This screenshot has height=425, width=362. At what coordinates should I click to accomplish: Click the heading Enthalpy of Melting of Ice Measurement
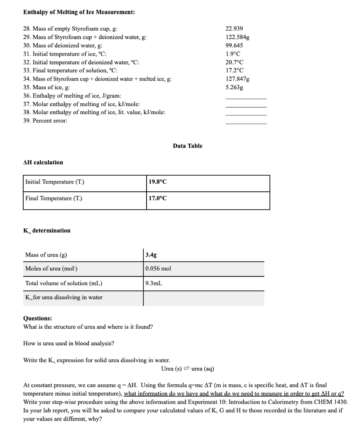(x=78, y=12)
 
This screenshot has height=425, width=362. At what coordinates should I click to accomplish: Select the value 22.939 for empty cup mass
(x=234, y=29)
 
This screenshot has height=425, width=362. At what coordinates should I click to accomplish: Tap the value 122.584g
(x=237, y=37)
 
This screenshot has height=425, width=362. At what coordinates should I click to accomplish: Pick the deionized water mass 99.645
(x=234, y=45)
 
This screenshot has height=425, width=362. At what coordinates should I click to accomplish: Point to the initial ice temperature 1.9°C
(x=233, y=54)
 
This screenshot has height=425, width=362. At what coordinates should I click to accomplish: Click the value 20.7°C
(x=234, y=62)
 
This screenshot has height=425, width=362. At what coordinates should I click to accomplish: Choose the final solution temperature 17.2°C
(x=234, y=71)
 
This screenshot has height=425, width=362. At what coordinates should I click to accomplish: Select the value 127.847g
(x=237, y=79)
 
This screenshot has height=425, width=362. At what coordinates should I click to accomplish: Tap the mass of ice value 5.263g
(x=234, y=88)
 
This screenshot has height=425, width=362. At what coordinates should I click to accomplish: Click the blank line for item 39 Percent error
(x=246, y=123)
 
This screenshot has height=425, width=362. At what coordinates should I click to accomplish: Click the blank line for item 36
(x=246, y=98)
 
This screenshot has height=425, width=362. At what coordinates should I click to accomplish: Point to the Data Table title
(x=188, y=146)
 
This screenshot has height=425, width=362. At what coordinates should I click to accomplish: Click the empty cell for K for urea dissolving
(x=203, y=298)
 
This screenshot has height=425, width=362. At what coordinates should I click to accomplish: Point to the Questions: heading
(x=38, y=318)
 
